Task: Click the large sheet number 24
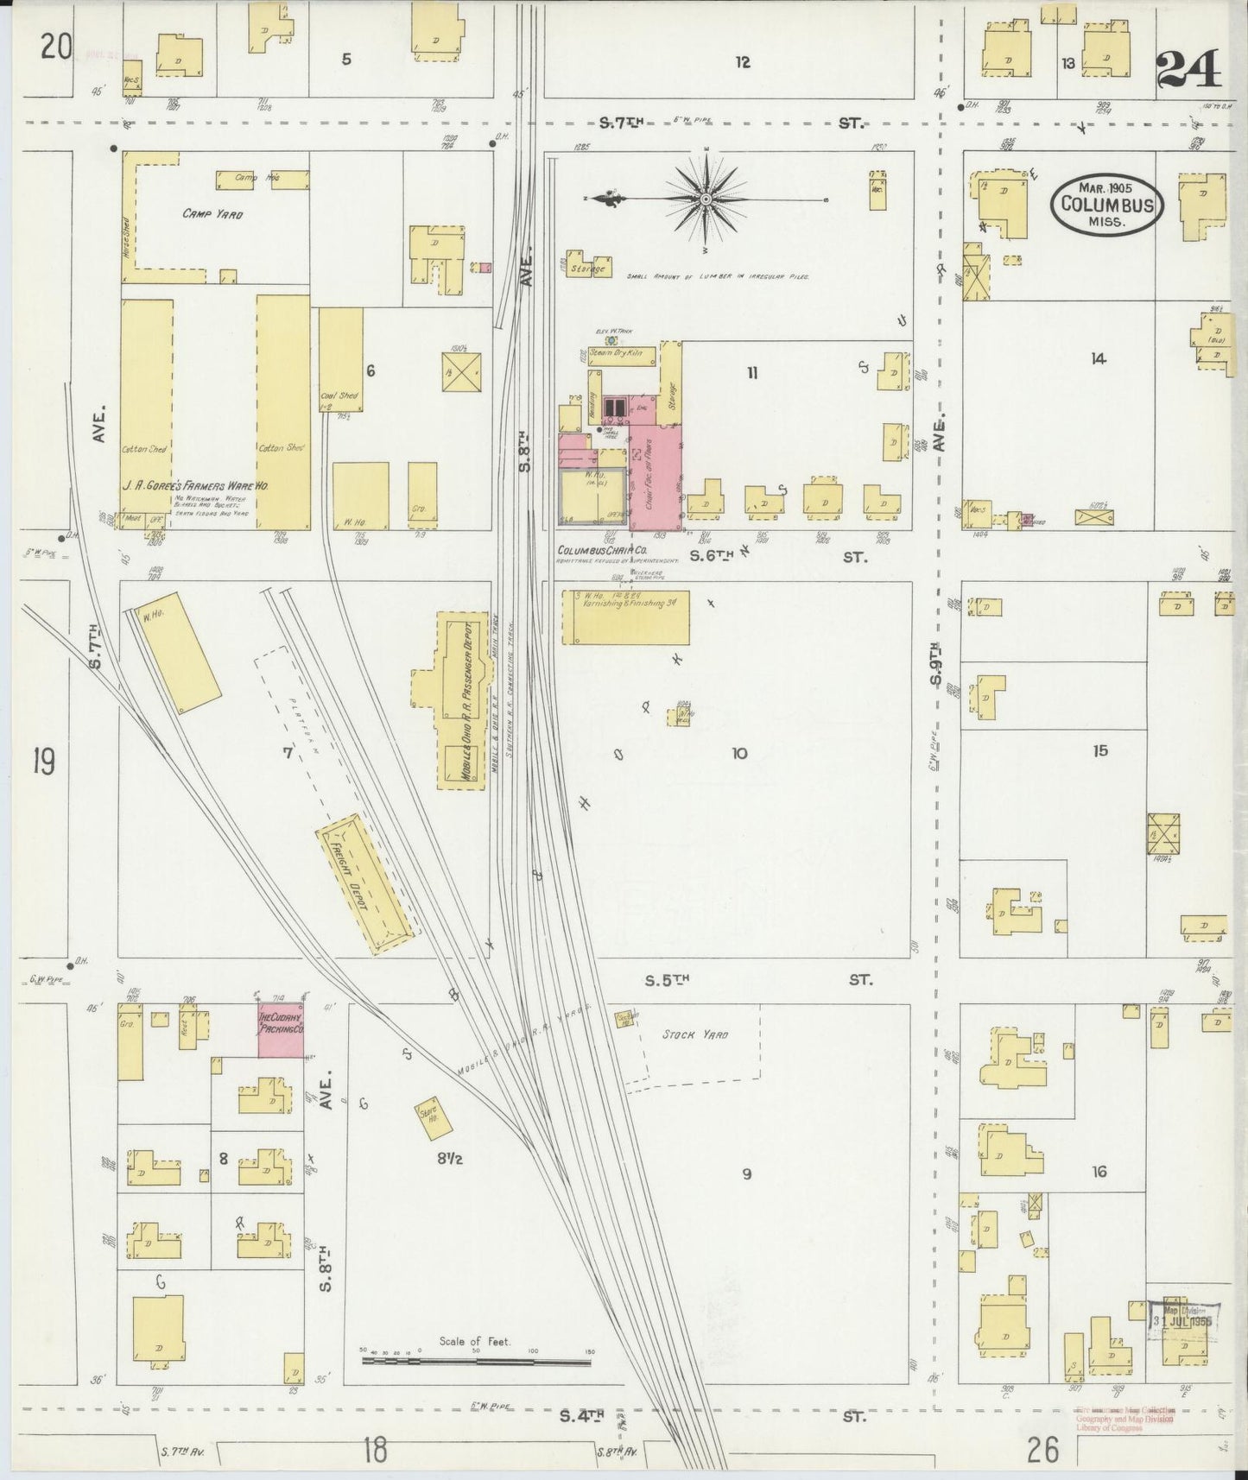(x=1189, y=69)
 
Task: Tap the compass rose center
(x=706, y=199)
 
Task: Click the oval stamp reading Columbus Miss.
(x=1107, y=205)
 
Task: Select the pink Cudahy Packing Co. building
(x=281, y=1029)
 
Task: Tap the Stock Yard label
(x=695, y=1034)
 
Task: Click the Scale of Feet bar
(x=476, y=1361)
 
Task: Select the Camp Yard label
(x=212, y=213)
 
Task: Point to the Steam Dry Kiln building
(x=620, y=354)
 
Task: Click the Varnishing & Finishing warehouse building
(x=626, y=617)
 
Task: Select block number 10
(x=739, y=754)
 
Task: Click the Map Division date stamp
(x=1181, y=1320)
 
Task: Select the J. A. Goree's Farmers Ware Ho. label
(x=195, y=486)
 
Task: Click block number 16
(x=1099, y=1172)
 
